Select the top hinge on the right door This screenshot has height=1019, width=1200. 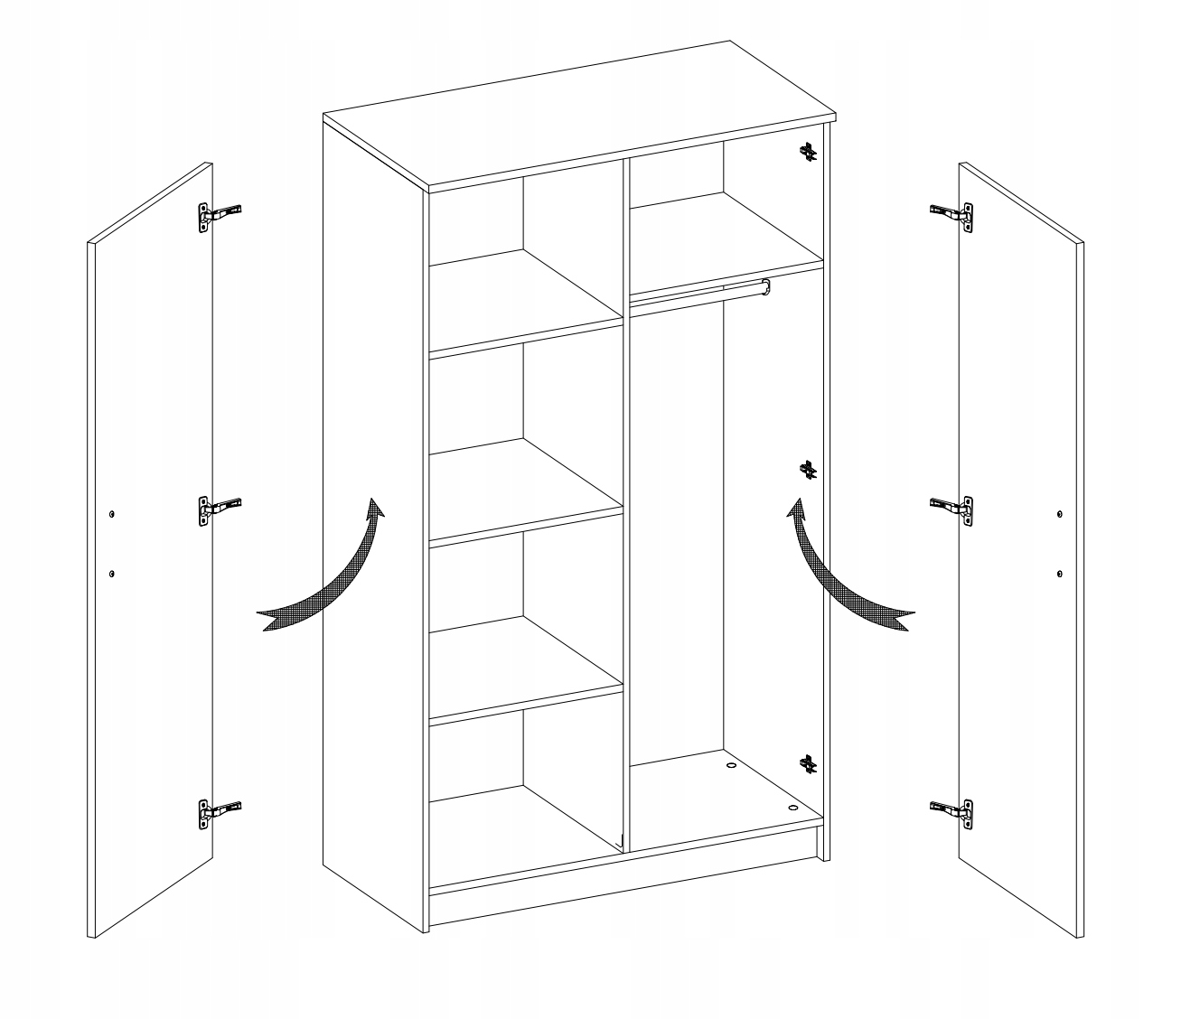954,214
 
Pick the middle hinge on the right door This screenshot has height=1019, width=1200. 954,509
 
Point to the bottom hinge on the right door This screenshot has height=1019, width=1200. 954,811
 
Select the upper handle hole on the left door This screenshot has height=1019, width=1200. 111,513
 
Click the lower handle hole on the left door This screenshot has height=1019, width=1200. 111,573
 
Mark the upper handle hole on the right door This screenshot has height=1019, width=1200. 1059,514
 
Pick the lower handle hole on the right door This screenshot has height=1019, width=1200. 1059,574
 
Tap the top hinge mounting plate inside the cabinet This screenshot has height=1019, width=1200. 809,153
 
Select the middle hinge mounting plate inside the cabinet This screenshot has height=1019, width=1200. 809,469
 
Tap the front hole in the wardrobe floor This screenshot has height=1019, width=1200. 792,807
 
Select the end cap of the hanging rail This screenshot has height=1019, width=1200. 766,286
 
